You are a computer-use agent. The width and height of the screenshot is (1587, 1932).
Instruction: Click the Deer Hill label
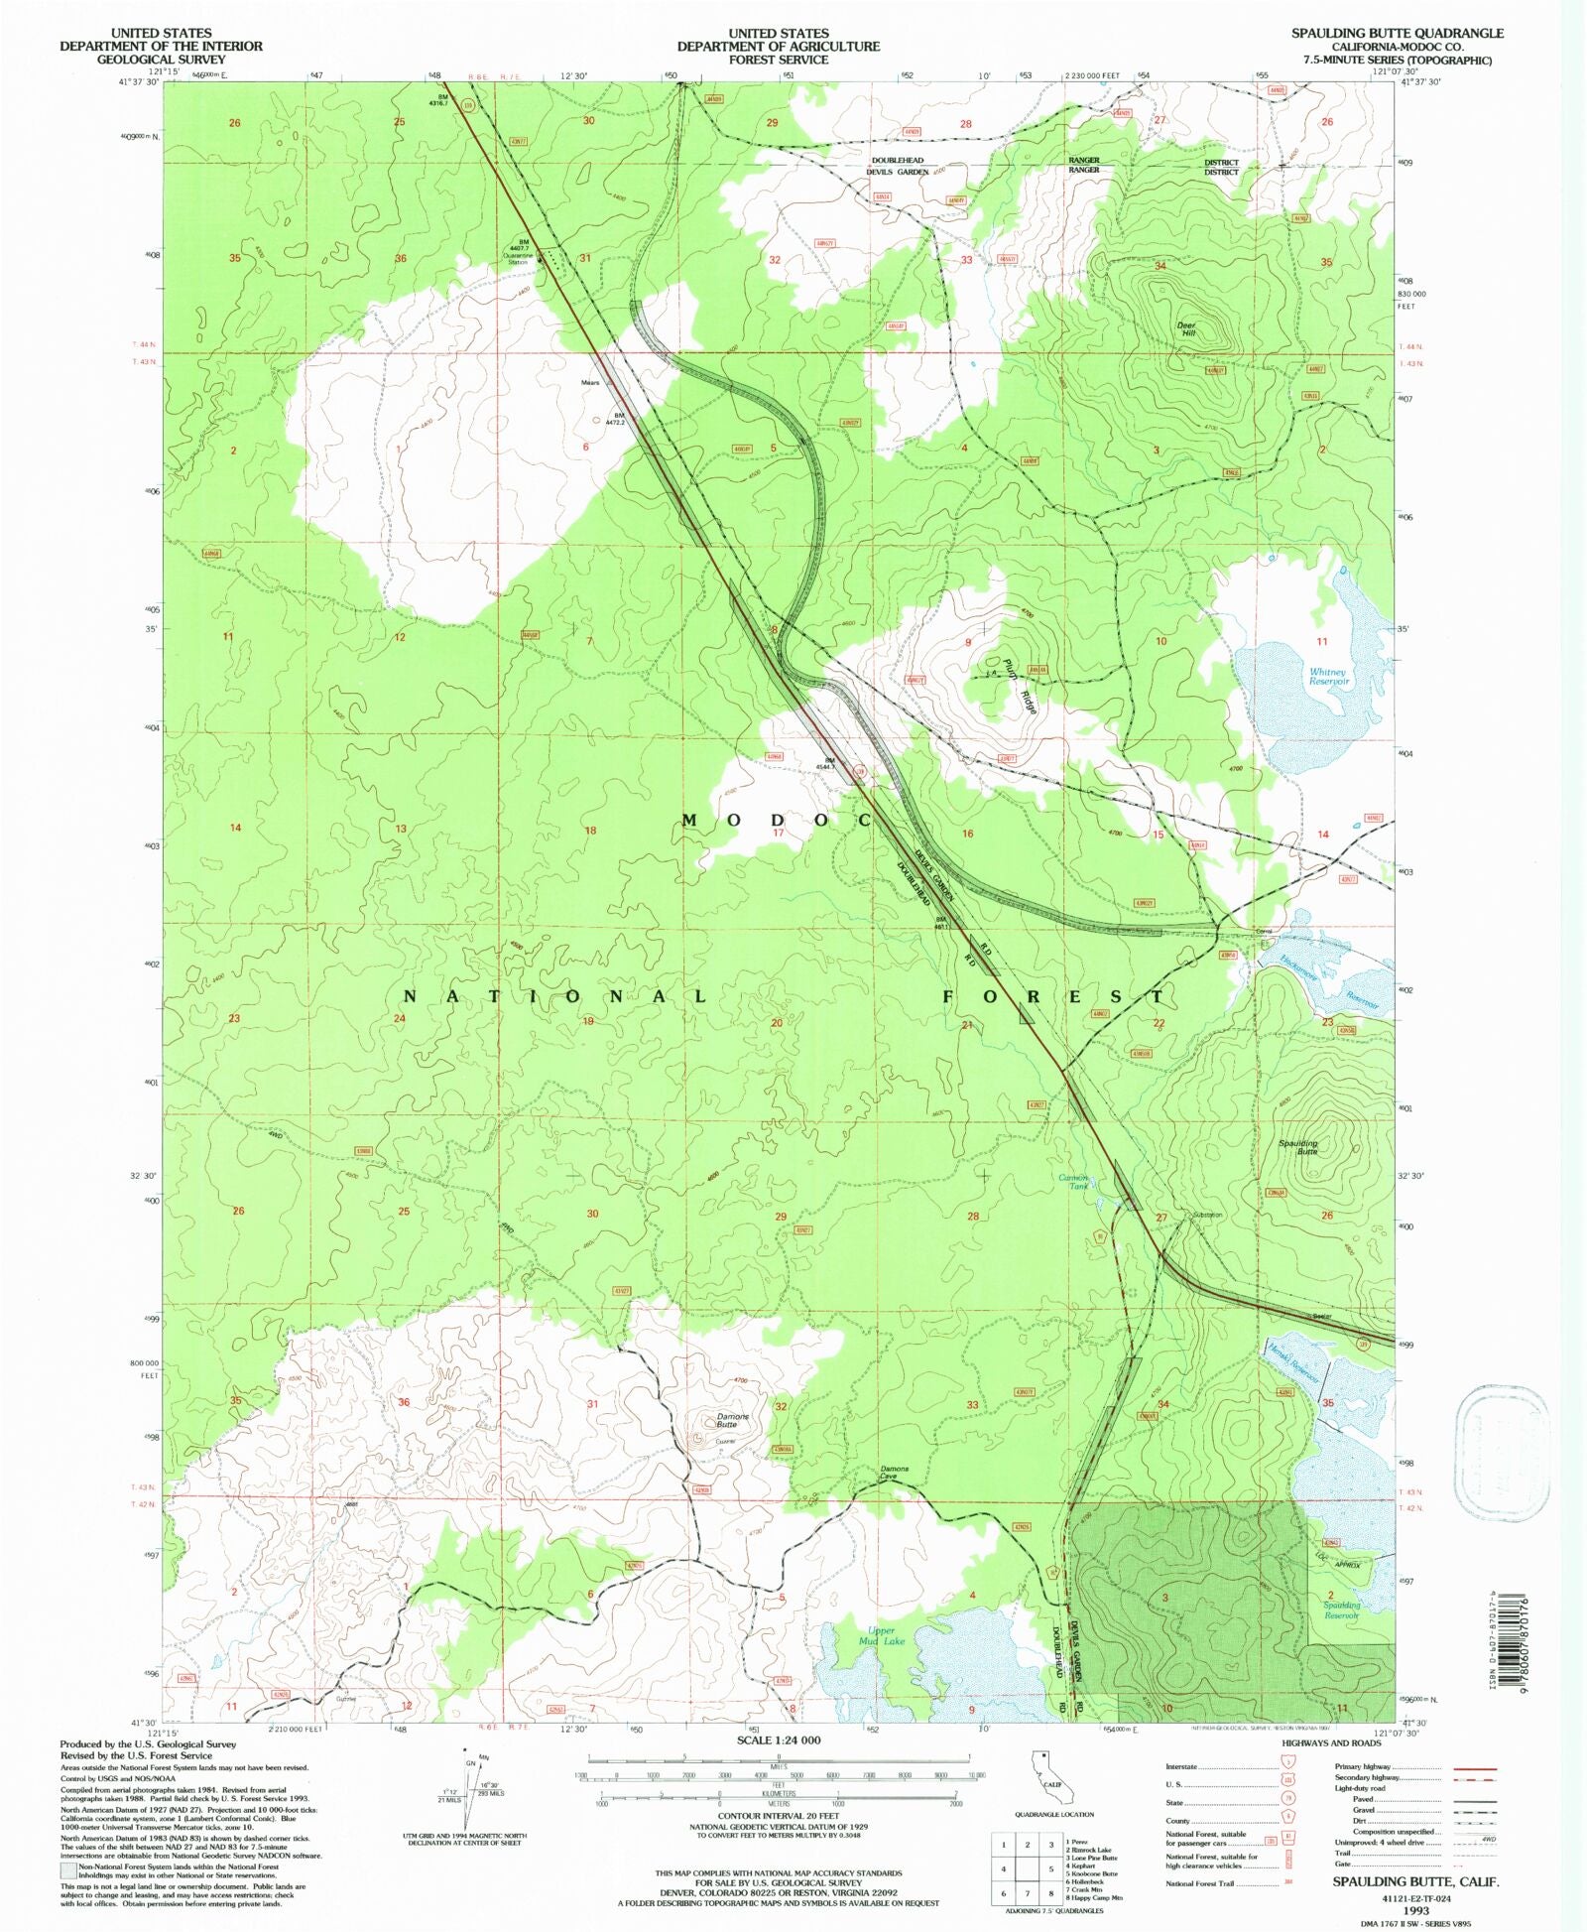1187,329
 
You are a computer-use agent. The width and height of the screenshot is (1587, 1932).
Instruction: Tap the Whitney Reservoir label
1328,677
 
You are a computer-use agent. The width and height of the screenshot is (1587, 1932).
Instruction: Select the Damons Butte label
733,1420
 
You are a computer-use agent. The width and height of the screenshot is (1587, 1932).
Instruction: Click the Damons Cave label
894,1473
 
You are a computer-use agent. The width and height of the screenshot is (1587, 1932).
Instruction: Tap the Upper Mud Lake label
881,1635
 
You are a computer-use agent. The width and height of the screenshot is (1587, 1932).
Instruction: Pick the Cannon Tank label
1075,1182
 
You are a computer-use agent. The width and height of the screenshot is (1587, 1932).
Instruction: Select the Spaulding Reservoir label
1341,1610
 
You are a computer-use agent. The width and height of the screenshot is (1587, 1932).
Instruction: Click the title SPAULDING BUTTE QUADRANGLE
1397,33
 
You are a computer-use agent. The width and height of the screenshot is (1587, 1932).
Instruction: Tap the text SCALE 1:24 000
779,1739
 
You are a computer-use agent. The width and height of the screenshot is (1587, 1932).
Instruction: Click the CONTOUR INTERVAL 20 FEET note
779,1816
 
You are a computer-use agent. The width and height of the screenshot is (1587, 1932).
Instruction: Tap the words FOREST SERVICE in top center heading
779,60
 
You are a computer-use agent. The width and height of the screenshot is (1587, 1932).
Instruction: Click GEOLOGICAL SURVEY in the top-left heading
161,60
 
